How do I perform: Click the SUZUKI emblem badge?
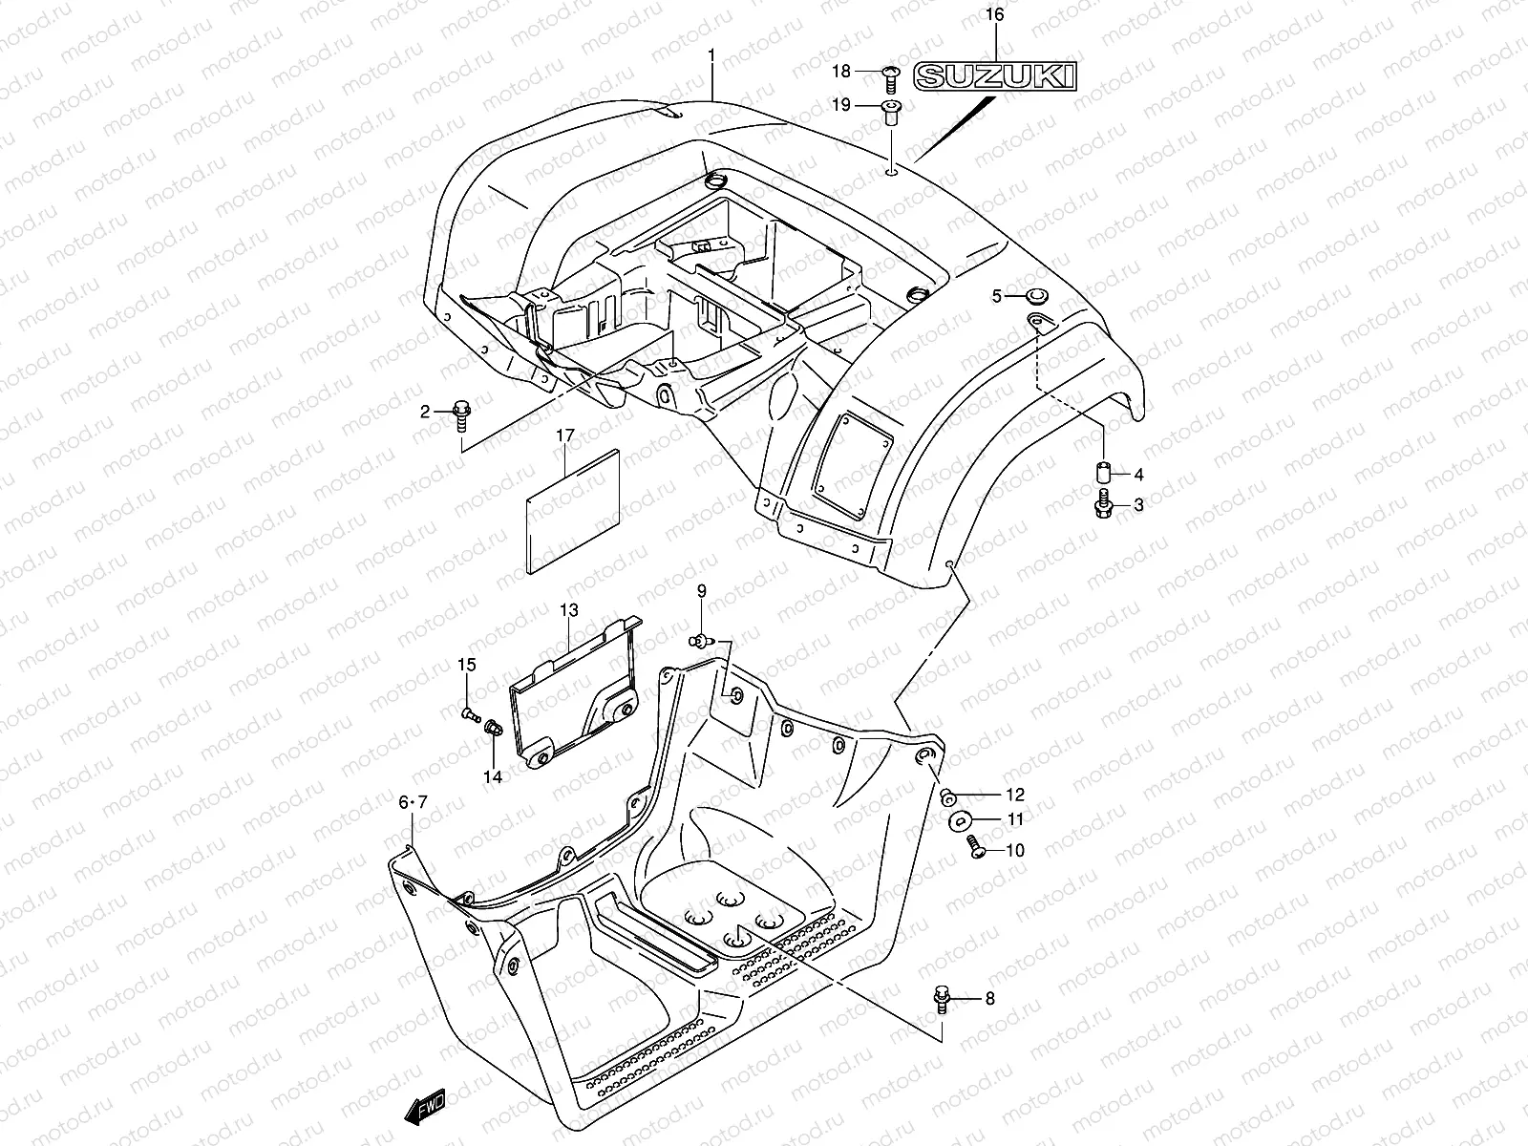click(x=994, y=77)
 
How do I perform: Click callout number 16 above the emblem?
click(x=994, y=14)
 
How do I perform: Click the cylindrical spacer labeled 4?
click(x=1104, y=473)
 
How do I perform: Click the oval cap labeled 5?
click(x=1035, y=296)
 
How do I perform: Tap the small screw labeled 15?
click(x=468, y=713)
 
